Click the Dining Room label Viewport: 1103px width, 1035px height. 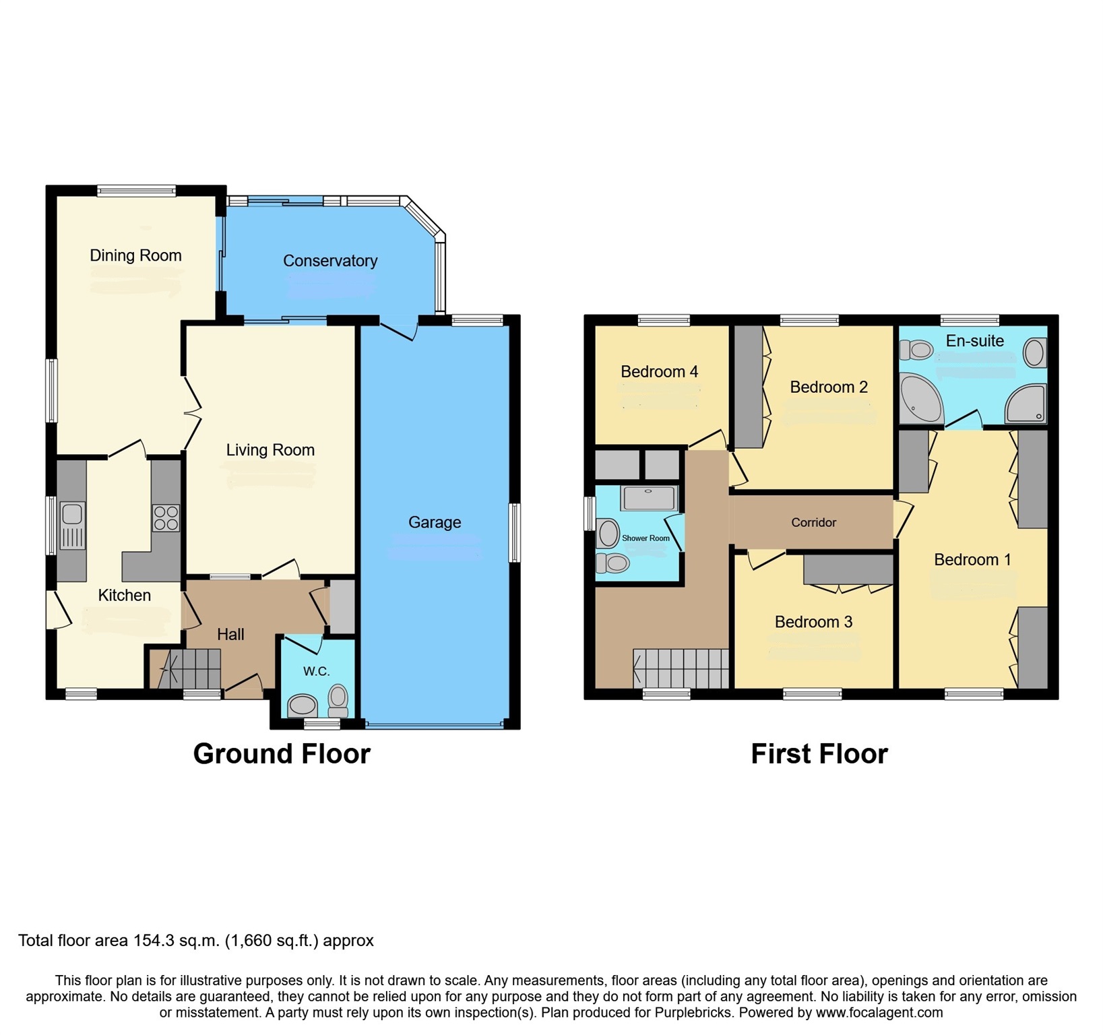tap(135, 255)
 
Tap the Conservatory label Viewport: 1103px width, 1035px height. tap(329, 261)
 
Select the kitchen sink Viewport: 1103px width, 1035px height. tap(72, 515)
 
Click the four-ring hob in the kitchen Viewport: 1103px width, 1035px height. tap(166, 518)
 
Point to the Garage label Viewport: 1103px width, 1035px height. tap(435, 522)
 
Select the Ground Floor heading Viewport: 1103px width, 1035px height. tap(282, 753)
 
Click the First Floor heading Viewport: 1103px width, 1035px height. tap(819, 753)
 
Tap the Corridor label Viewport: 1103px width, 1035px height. tap(813, 522)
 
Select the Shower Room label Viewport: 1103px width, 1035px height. tap(645, 538)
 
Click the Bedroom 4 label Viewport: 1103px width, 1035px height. tap(659, 371)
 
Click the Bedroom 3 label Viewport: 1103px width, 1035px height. tap(813, 622)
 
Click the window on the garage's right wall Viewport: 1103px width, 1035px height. tap(514, 532)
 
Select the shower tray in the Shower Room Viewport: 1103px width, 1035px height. tap(649, 498)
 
